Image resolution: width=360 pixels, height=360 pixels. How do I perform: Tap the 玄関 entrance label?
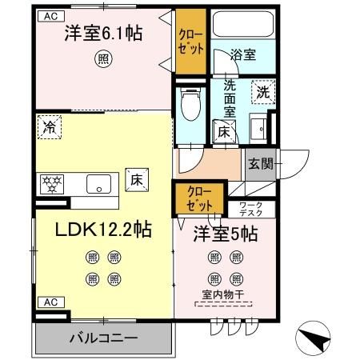click(x=260, y=164)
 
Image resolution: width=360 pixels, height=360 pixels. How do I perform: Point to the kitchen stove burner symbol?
click(x=51, y=184)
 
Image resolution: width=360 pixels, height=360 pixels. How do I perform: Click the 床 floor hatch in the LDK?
click(x=137, y=181)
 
